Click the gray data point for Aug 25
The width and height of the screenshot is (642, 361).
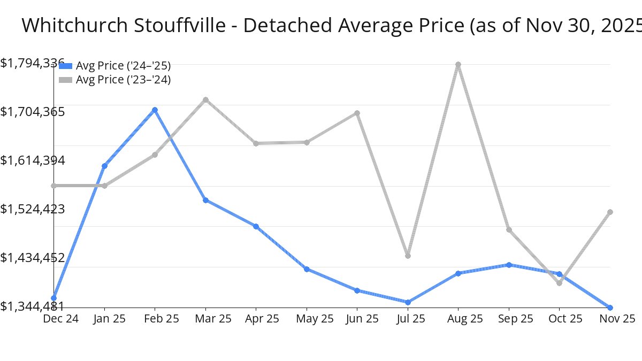point(458,65)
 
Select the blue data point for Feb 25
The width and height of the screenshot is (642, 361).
point(155,110)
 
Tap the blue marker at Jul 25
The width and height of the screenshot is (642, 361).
point(408,302)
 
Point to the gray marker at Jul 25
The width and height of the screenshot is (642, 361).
point(408,256)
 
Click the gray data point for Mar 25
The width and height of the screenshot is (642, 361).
point(205,99)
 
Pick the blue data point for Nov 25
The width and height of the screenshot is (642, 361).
point(610,308)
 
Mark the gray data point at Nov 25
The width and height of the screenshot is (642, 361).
point(610,212)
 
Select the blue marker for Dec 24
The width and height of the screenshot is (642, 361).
point(54,298)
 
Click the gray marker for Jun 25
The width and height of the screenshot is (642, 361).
point(357,113)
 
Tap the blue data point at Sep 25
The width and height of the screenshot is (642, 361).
point(509,265)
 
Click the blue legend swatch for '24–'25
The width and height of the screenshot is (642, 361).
point(65,66)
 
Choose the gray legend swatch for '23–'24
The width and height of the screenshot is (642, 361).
point(65,80)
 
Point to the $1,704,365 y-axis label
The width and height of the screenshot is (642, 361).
point(33,112)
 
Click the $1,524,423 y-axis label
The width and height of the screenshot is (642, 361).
point(33,209)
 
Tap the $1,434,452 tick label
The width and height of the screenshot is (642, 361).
point(33,258)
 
